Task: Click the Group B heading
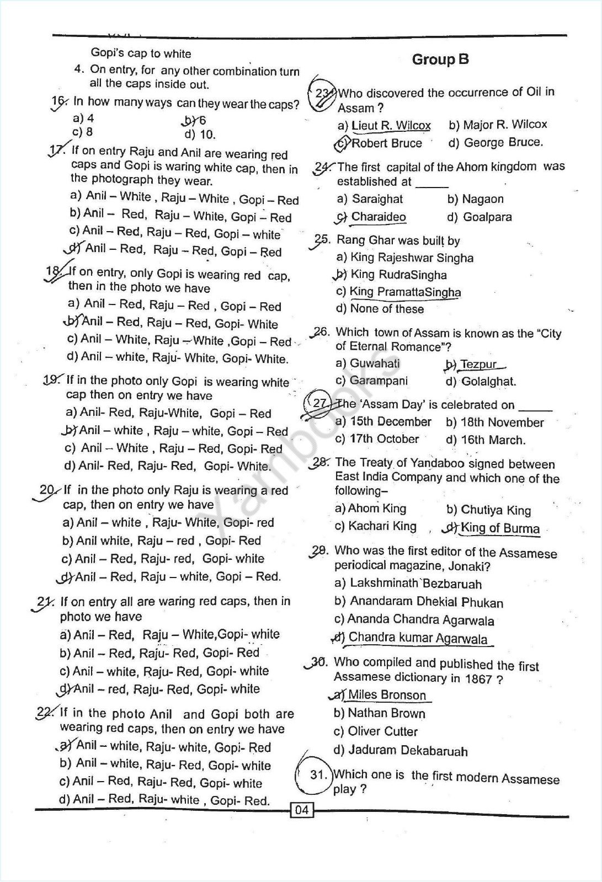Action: pyautogui.click(x=440, y=60)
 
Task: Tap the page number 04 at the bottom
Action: pyautogui.click(x=302, y=810)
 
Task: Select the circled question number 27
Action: pyautogui.click(x=320, y=403)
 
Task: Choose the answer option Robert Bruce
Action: pyautogui.click(x=386, y=143)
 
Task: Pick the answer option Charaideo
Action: pyautogui.click(x=379, y=217)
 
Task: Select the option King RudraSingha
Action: pyautogui.click(x=398, y=275)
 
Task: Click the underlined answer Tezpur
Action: pyautogui.click(x=478, y=365)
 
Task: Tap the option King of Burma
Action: pyautogui.click(x=500, y=528)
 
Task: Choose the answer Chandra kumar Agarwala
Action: pyautogui.click(x=418, y=638)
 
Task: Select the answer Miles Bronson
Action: pyautogui.click(x=387, y=695)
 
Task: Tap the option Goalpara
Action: pyautogui.click(x=487, y=217)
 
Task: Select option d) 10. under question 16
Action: pyautogui.click(x=200, y=135)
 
